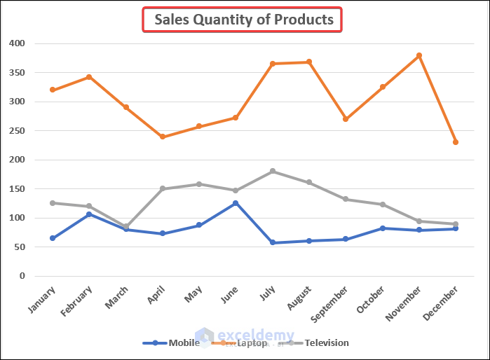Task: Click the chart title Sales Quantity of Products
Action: (243, 20)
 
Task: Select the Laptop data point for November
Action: (419, 55)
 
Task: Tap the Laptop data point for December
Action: (456, 142)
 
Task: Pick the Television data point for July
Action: (273, 171)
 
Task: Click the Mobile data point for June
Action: (236, 203)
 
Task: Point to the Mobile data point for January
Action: (53, 238)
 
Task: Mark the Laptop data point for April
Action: (163, 137)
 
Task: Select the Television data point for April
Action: (163, 188)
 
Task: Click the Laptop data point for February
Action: (89, 77)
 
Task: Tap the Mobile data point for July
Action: (273, 243)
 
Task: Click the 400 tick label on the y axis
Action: (17, 43)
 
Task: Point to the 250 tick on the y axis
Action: (17, 130)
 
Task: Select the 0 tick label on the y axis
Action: (22, 276)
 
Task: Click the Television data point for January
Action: (53, 203)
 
